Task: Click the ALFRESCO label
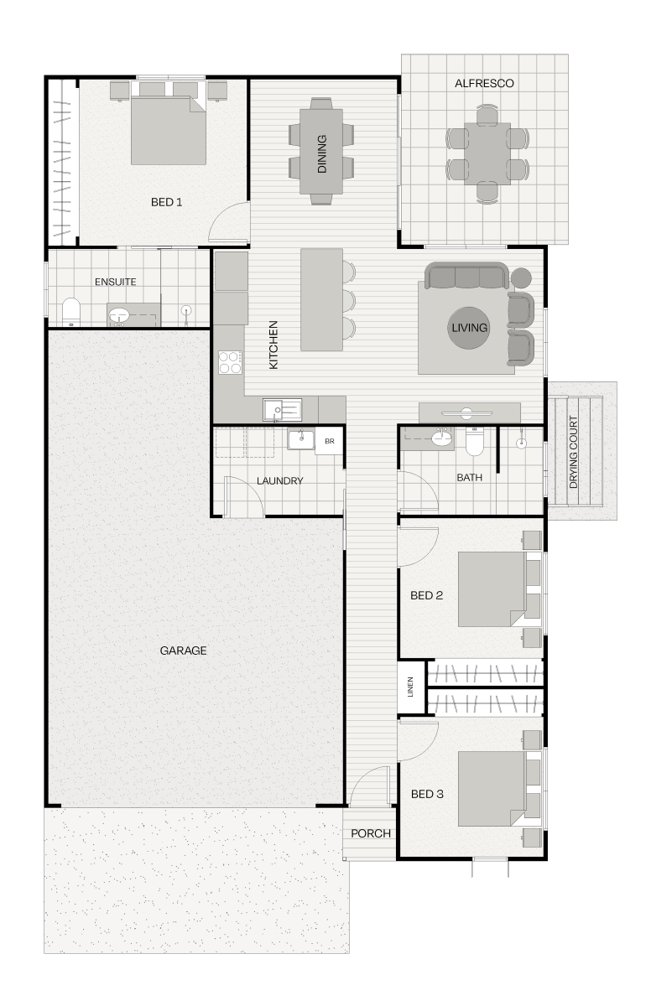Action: pos(484,84)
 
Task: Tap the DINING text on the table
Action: pos(322,154)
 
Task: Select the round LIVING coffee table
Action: pos(469,328)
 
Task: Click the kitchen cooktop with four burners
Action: pos(230,362)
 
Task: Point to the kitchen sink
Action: pos(282,410)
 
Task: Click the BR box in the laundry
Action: pos(330,441)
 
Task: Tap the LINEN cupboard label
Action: pos(410,687)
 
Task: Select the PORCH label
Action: pos(371,833)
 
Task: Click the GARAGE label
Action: pos(184,651)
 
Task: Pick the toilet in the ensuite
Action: pos(70,312)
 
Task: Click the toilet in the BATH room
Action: pos(474,441)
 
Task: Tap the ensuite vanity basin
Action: pos(118,315)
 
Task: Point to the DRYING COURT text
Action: pos(573,452)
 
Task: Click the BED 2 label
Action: pos(426,595)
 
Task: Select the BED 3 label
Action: pos(427,794)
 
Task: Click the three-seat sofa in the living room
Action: pos(467,275)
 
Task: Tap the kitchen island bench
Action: pos(321,299)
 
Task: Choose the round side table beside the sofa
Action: pos(521,277)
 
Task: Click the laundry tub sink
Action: pos(301,439)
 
